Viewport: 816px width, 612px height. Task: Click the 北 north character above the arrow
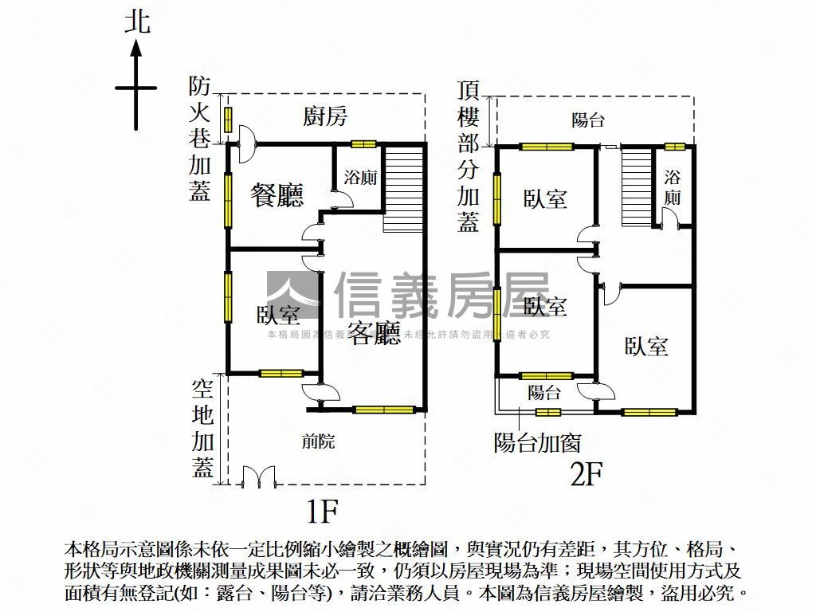[x=136, y=22]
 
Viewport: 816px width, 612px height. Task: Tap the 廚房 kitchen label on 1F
[x=325, y=117]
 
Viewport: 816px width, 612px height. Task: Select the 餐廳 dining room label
[x=277, y=195]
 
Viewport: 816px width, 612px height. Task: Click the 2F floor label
[x=585, y=475]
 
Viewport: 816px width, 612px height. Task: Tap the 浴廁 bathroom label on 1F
[x=360, y=178]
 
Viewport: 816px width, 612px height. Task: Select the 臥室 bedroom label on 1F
[x=278, y=316]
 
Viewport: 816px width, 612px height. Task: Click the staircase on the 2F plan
[x=637, y=186]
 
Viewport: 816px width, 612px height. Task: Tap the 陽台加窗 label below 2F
[x=537, y=443]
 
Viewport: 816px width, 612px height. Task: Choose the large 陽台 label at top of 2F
[x=588, y=120]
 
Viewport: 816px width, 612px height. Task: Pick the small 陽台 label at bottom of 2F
[x=544, y=392]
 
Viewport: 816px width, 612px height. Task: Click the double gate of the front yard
[x=258, y=476]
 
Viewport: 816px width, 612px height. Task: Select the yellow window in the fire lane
[x=228, y=120]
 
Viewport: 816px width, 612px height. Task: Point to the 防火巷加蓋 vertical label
[x=200, y=139]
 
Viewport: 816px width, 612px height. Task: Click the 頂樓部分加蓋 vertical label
[x=469, y=156]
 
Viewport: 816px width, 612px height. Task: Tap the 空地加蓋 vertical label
[x=202, y=428]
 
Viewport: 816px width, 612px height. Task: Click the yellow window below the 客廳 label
[x=384, y=410]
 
